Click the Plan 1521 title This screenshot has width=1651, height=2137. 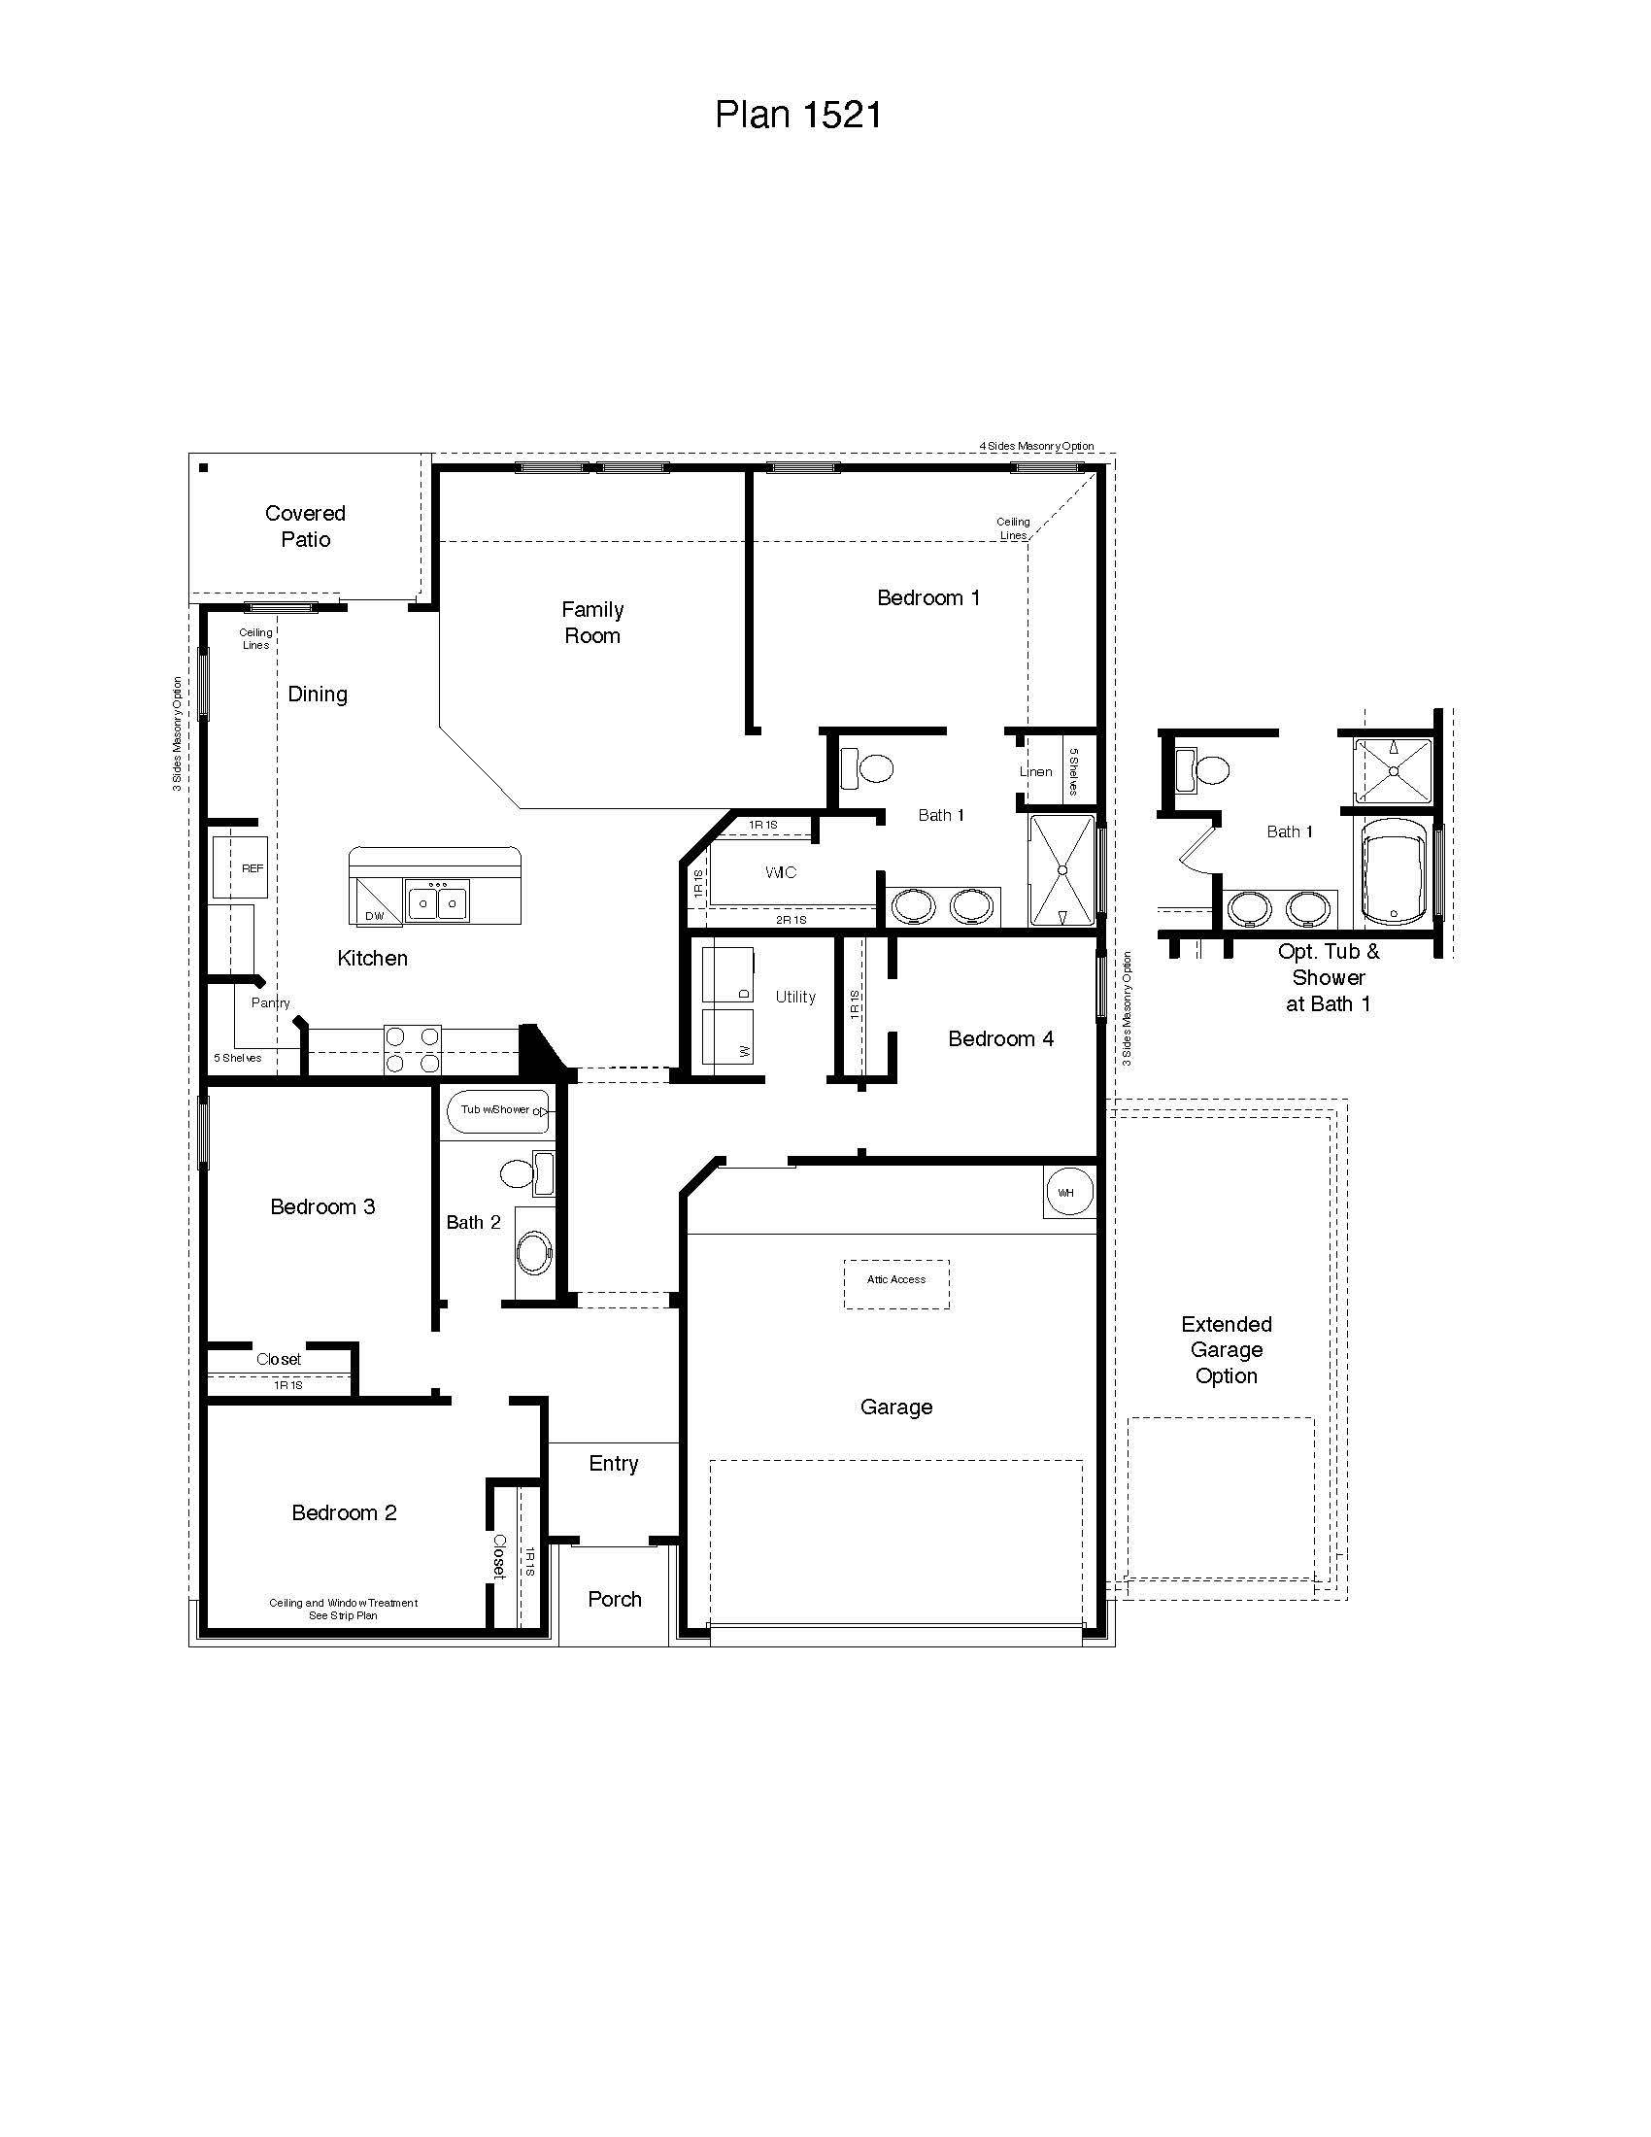(798, 115)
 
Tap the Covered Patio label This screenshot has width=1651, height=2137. (305, 526)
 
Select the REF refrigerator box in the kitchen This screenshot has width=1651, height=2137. (241, 866)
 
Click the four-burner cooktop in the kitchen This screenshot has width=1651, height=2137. (412, 1049)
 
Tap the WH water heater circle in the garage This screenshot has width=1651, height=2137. (1067, 1192)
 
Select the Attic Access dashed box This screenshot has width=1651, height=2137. (896, 1283)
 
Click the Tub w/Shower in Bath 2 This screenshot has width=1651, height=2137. (498, 1112)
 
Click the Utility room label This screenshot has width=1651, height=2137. (795, 996)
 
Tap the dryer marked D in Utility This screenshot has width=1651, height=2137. (728, 973)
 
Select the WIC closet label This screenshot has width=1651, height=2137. (781, 872)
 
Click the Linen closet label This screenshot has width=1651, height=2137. (1036, 771)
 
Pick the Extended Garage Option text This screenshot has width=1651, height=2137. (1227, 1349)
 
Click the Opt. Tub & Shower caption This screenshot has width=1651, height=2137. (1329, 976)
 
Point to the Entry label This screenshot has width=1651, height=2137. (613, 1463)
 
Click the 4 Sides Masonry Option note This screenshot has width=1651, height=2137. (1037, 446)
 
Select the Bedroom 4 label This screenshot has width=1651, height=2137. (1000, 1038)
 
